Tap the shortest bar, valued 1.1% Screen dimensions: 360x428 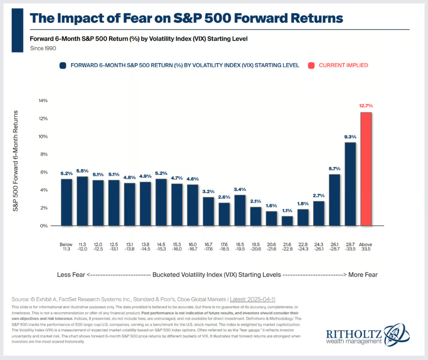click(x=288, y=220)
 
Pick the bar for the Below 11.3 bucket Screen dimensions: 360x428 click(x=66, y=202)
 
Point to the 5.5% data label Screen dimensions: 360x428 click(x=82, y=171)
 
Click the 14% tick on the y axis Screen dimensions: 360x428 click(x=43, y=101)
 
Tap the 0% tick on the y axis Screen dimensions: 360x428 click(x=44, y=226)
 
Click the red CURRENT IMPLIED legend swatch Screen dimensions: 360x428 click(x=311, y=65)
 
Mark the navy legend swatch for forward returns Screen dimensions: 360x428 click(x=63, y=65)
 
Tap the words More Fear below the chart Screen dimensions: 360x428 click(x=363, y=274)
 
